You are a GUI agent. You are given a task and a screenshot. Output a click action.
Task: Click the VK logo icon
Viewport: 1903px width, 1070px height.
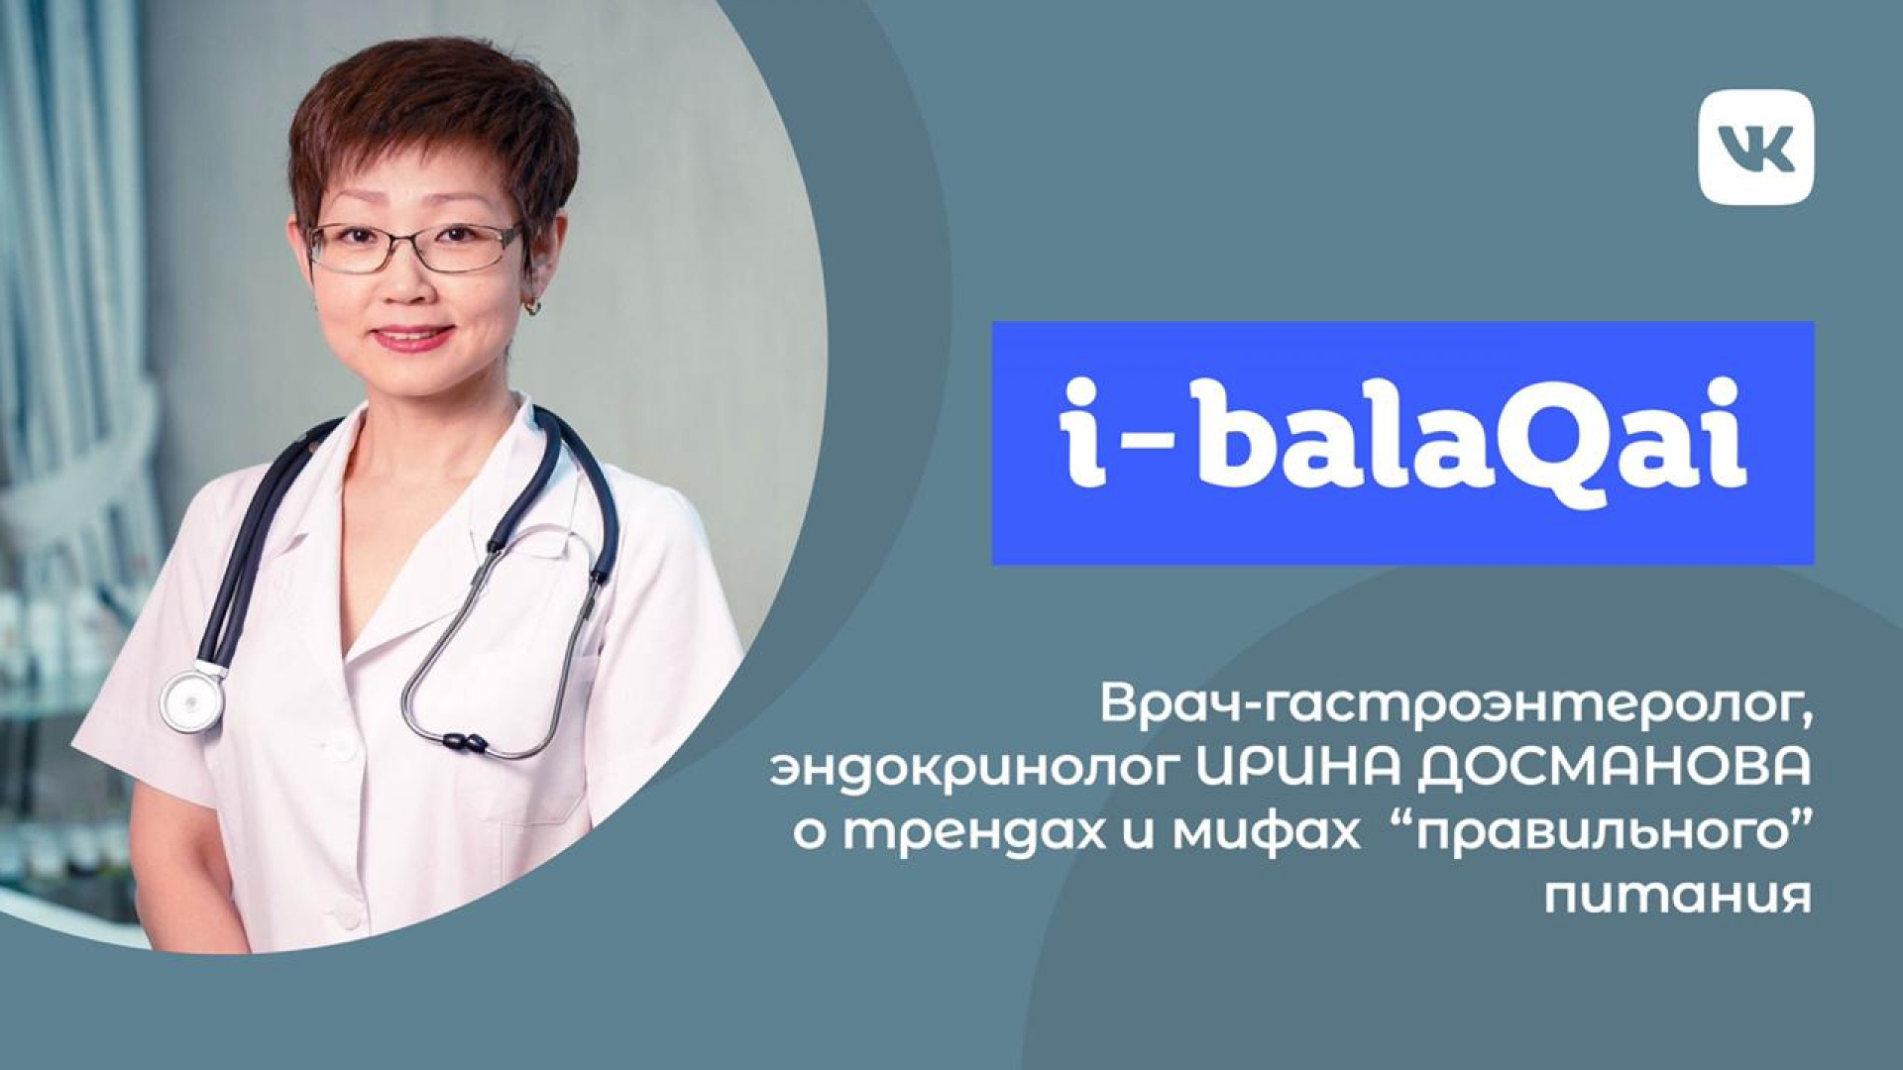point(1755,147)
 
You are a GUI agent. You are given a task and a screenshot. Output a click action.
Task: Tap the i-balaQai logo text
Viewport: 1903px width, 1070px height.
point(1402,443)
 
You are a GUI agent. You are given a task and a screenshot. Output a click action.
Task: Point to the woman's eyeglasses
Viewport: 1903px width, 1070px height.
point(414,246)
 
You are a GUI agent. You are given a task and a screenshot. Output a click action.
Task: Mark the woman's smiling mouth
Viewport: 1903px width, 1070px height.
point(412,338)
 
